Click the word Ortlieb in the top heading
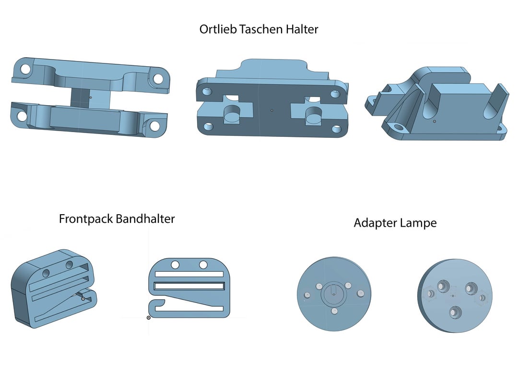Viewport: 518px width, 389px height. (218, 29)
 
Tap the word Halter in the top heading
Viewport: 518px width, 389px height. (302, 29)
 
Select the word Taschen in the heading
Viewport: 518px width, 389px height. (261, 29)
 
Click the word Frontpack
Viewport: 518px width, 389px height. (86, 219)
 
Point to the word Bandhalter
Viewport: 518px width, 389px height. (145, 219)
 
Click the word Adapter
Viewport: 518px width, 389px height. (373, 223)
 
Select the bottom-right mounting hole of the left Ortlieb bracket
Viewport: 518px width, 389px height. (154, 125)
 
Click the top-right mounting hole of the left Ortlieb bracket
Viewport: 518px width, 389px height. (158, 79)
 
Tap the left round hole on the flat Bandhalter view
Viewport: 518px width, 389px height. (175, 265)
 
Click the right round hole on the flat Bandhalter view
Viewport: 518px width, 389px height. (203, 265)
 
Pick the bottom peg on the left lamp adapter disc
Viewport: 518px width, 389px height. (334, 311)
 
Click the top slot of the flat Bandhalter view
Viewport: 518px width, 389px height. (189, 274)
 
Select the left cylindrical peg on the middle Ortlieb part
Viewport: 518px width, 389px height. (232, 114)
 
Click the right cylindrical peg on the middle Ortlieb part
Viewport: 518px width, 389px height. (313, 115)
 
